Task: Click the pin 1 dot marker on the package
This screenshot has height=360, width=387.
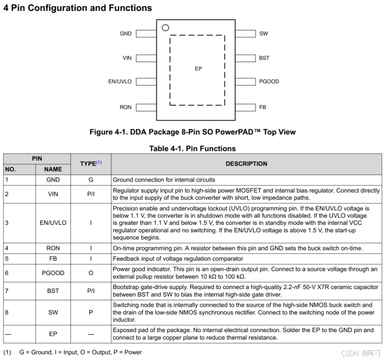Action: (166, 28)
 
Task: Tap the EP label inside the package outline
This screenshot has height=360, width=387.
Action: (198, 69)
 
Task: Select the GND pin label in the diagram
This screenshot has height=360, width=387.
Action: (126, 34)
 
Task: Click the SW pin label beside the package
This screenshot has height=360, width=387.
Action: (263, 34)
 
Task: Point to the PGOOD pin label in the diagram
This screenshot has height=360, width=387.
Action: (269, 82)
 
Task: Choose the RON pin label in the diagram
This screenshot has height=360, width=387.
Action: (126, 107)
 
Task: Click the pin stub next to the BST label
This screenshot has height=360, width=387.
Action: (245, 58)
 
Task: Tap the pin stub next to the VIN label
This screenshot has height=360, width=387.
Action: (146, 58)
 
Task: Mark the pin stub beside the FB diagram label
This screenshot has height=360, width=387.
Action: (245, 107)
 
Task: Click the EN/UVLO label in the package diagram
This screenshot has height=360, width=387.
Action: (120, 82)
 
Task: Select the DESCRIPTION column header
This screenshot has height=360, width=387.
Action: (246, 164)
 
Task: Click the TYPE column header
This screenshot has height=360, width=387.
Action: (90, 164)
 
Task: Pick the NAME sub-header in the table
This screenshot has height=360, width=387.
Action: (53, 169)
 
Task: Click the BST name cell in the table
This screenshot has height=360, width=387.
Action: (53, 291)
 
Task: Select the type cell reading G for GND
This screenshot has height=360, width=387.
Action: (90, 180)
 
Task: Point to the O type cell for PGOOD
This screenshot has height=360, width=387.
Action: (90, 273)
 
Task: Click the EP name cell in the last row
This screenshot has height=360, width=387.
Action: (53, 334)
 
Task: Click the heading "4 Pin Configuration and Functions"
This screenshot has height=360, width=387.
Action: (78, 8)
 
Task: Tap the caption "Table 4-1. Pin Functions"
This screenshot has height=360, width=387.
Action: (193, 148)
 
